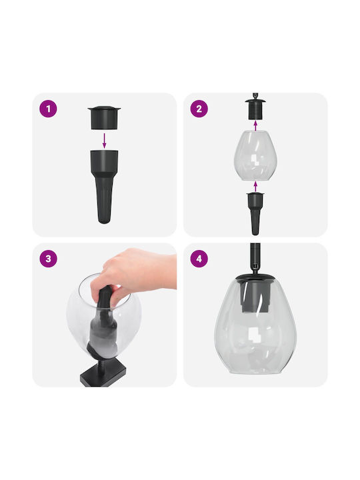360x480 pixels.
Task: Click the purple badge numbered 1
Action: [48, 109]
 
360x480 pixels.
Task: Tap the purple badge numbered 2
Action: [199, 109]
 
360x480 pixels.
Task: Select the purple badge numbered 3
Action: [48, 259]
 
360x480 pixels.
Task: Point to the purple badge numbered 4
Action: [199, 259]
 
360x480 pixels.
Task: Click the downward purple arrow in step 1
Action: [104, 141]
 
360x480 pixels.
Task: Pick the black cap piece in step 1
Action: [104, 117]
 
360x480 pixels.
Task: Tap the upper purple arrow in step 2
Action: [255, 125]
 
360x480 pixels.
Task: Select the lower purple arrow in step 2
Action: [255, 186]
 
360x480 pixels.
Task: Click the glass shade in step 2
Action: [255, 155]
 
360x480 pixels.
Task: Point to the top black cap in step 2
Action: [255, 109]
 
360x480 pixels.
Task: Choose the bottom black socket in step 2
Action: [255, 213]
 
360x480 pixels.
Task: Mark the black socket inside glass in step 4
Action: [255, 296]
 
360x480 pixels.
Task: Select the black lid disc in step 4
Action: [255, 278]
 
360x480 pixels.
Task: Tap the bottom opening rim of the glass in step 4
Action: [255, 371]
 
